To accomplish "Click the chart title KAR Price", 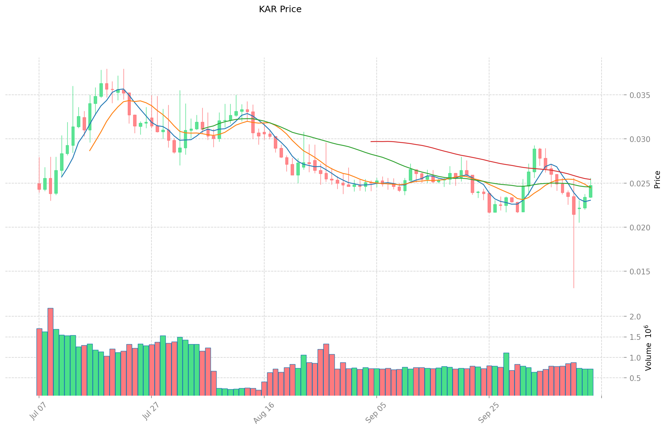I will (280, 9).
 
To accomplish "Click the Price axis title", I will (657, 180).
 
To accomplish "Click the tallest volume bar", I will (50, 351).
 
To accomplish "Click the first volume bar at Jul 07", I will (39, 361).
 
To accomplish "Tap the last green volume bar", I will (590, 382).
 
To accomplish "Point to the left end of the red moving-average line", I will (371, 142).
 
